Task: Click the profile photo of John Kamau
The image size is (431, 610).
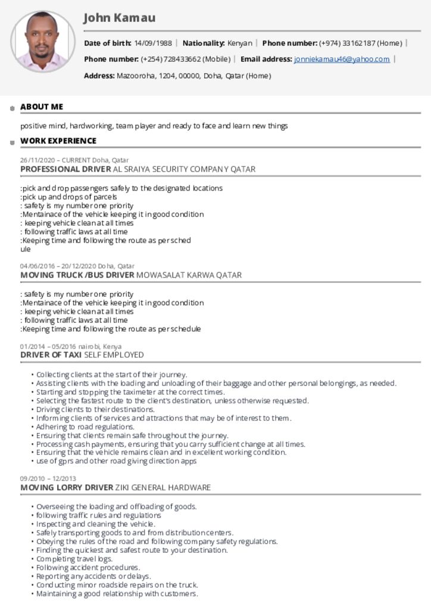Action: (x=42, y=42)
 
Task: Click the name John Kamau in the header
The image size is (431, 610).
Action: (x=119, y=18)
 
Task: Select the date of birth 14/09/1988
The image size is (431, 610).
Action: (x=153, y=43)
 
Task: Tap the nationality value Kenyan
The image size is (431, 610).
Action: (x=239, y=43)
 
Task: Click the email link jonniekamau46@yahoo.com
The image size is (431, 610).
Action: (x=342, y=59)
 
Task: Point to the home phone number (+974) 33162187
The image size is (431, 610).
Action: (x=361, y=43)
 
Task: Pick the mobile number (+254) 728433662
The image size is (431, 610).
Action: (x=186, y=59)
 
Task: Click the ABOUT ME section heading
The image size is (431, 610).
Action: (x=42, y=107)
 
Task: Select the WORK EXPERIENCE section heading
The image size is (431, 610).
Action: (x=58, y=141)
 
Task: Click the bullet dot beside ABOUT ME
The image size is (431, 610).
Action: (x=12, y=108)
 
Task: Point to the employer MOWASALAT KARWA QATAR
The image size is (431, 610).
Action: (x=189, y=275)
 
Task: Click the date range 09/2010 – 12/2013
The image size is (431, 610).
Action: (x=48, y=478)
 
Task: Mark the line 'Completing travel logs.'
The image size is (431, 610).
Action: (x=74, y=559)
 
